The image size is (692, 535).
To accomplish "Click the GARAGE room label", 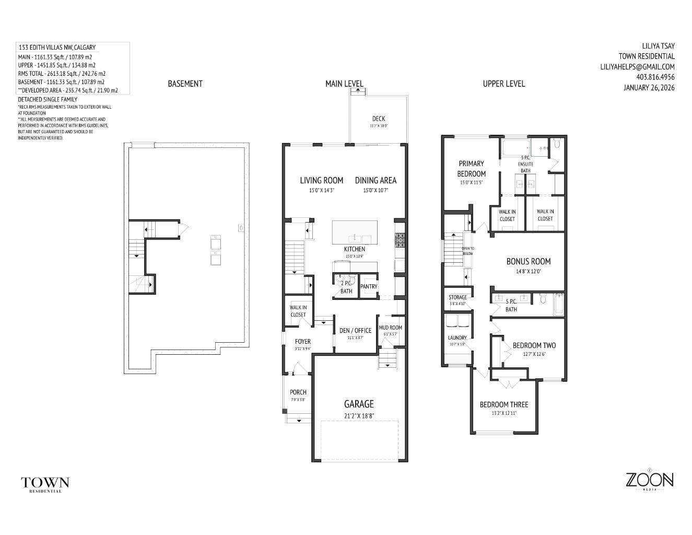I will pos(358,404).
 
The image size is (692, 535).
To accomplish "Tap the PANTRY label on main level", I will pos(369,286).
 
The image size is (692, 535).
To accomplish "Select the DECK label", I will pos(379,119).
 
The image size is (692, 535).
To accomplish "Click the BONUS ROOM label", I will pos(528,261).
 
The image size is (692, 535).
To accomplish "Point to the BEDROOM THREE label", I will pos(503,404).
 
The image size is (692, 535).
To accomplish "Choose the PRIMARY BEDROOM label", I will pos(471,168).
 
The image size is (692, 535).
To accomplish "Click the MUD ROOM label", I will pos(391,328).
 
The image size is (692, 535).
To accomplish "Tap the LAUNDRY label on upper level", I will pos(457,338).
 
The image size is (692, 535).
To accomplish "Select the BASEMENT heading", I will pos(185,84).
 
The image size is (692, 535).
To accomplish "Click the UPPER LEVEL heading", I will pos(503,84).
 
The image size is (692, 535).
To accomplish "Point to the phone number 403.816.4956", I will pos(655,77).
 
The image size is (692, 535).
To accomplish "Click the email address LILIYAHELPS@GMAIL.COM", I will pos(637,66).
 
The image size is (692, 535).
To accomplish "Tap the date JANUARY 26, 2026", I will pos(649,87).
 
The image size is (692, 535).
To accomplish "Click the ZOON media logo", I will pos(649,480).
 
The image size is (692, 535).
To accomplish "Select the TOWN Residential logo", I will pos(45,483).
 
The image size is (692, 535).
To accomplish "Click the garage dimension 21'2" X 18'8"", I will pos(358,416).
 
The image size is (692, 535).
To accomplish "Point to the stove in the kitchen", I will pos(400,240).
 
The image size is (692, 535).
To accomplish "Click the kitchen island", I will pos(355,232).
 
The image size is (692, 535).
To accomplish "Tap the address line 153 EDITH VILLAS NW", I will pos(57,48).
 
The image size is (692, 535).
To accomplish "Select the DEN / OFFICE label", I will pos(355,330).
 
